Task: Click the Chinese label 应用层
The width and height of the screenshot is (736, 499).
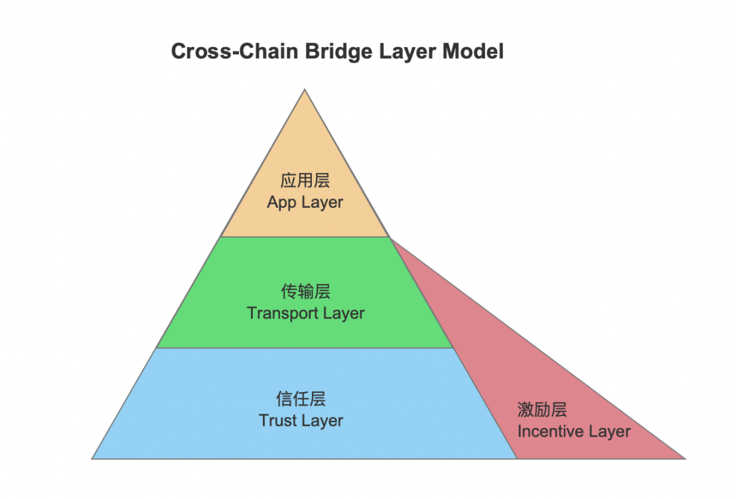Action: (x=305, y=180)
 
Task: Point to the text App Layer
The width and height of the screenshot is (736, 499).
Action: (x=305, y=202)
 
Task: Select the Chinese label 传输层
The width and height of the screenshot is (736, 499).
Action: (x=305, y=291)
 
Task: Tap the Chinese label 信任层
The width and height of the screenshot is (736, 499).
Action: (x=301, y=399)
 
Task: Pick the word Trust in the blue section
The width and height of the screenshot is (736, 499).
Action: (x=278, y=421)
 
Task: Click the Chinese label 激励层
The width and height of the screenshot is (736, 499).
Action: (x=542, y=409)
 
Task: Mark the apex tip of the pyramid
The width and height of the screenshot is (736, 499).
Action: (x=305, y=90)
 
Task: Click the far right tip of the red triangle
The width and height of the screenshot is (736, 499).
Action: (x=684, y=459)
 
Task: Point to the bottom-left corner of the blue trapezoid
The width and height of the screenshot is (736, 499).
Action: (x=92, y=459)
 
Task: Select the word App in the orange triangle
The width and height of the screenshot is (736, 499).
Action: (x=281, y=202)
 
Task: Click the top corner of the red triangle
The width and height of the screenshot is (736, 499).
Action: (x=390, y=238)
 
